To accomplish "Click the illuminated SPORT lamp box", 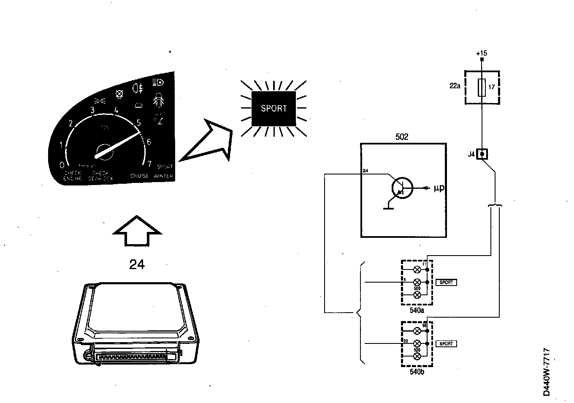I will tap(273, 109).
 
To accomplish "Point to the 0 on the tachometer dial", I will tap(62, 165).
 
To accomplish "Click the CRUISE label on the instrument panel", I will tap(139, 176).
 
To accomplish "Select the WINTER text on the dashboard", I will tap(164, 176).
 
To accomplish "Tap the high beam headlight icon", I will tap(158, 82).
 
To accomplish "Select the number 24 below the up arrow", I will tap(137, 265).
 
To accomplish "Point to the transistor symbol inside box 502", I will tap(401, 188).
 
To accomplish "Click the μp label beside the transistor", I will tap(439, 188).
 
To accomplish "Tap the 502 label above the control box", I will tap(402, 137).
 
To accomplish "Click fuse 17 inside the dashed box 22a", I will tap(482, 87).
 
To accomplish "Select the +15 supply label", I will tap(482, 53).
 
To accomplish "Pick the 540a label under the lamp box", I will tap(417, 310).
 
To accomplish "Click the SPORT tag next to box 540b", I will tap(446, 344).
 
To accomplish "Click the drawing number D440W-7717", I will tap(547, 372).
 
